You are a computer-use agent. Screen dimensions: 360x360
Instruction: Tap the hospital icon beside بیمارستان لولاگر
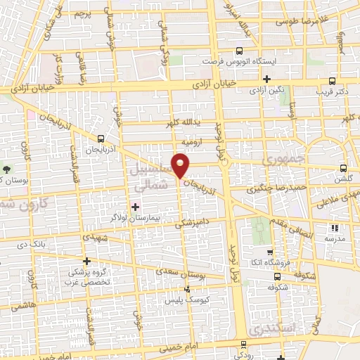point(136,206)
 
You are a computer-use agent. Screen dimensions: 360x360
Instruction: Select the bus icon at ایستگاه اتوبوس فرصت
point(240,51)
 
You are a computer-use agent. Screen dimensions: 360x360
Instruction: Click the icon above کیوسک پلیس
point(186,290)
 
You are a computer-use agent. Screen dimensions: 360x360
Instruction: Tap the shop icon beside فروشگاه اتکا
point(268,253)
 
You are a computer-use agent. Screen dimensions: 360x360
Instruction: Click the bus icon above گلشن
point(343,168)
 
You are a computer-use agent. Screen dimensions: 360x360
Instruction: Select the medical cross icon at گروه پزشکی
point(86,260)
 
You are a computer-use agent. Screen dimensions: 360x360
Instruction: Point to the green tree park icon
point(7,169)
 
